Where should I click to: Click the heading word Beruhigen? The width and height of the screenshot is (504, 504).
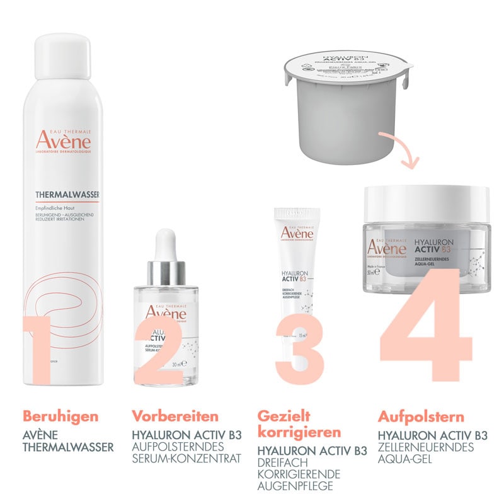click(60, 416)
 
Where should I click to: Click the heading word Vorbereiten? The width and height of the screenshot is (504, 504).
click(175, 416)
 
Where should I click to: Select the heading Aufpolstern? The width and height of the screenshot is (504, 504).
click(421, 416)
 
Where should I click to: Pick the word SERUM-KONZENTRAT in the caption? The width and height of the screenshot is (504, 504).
click(187, 459)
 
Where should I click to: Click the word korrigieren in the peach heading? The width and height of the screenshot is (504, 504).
click(299, 433)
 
